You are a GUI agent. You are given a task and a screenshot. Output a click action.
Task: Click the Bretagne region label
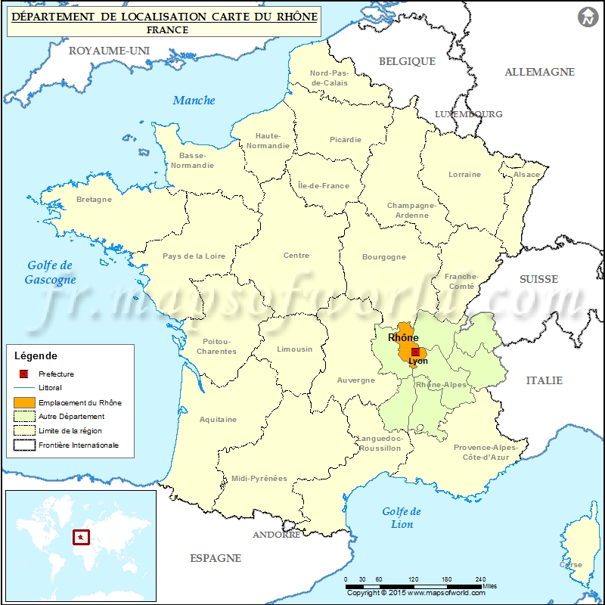pos(94,200)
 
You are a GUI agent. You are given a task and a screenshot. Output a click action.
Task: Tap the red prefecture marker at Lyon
pos(415,352)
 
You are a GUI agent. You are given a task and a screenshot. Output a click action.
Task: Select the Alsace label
pos(527,175)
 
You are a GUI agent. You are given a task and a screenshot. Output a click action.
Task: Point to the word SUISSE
pos(538,279)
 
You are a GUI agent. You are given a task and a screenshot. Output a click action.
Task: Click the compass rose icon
pos(587,17)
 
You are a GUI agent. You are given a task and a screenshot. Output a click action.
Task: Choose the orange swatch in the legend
pos(24,402)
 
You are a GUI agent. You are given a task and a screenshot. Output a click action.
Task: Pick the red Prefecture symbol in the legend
pos(24,374)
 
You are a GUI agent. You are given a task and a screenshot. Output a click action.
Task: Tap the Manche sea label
pos(194,101)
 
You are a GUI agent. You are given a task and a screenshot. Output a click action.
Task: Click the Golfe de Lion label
pos(402,518)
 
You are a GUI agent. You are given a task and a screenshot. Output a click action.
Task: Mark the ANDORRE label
pos(276,535)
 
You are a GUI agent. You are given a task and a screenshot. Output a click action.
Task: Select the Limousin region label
pos(294,349)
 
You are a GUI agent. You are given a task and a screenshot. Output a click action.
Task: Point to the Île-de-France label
pos(324,186)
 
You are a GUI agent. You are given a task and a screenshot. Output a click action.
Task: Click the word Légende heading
pos(36,355)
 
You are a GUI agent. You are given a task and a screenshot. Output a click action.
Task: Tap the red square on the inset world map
pos(79,538)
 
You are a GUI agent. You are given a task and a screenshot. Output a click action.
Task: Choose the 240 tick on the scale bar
pos(481,579)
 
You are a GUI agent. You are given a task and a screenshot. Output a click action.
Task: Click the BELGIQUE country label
pos(407,61)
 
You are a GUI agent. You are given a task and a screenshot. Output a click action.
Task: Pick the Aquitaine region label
pos(218,419)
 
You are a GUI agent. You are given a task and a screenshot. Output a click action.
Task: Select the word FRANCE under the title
pos(168,30)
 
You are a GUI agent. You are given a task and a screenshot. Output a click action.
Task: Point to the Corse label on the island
pos(571,565)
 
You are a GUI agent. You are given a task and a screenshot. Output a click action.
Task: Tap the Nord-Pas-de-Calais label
pos(329,78)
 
